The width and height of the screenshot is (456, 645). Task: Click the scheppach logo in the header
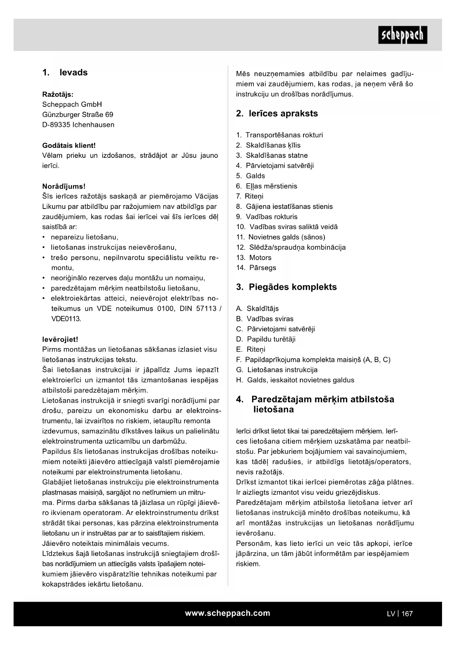pyautogui.click(x=402, y=35)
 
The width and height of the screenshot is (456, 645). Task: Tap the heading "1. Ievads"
pyautogui.click(x=65, y=72)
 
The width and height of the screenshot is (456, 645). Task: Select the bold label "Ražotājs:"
pyautogui.click(x=58, y=94)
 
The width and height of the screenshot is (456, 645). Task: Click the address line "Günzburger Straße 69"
pyautogui.click(x=78, y=114)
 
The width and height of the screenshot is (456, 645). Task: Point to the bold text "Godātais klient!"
pyautogui.click(x=69, y=145)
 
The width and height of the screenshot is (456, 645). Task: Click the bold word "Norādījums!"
pyautogui.click(x=64, y=186)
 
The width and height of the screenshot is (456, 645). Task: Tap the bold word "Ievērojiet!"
pyautogui.click(x=60, y=339)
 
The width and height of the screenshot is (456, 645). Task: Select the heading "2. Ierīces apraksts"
pyautogui.click(x=277, y=113)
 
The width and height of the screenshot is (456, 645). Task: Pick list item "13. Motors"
pyautogui.click(x=254, y=257)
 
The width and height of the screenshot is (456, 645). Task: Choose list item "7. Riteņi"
pyautogui.click(x=249, y=196)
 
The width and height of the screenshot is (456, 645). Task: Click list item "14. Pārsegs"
pyautogui.click(x=256, y=268)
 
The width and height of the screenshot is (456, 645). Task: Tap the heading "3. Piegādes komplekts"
pyautogui.click(x=286, y=287)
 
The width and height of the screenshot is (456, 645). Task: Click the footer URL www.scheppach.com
pyautogui.click(x=227, y=613)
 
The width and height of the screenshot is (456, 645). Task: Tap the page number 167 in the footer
pyautogui.click(x=407, y=614)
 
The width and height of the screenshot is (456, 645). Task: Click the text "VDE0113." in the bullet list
pyautogui.click(x=66, y=319)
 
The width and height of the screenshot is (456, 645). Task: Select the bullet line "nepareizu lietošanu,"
pyautogui.click(x=85, y=237)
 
